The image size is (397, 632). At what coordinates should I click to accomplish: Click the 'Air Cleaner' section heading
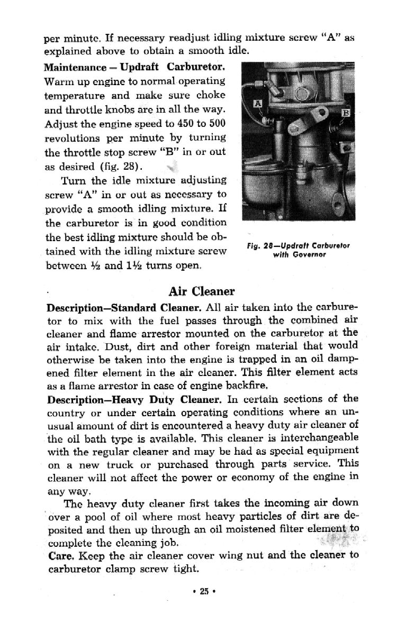pyautogui.click(x=202, y=291)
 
